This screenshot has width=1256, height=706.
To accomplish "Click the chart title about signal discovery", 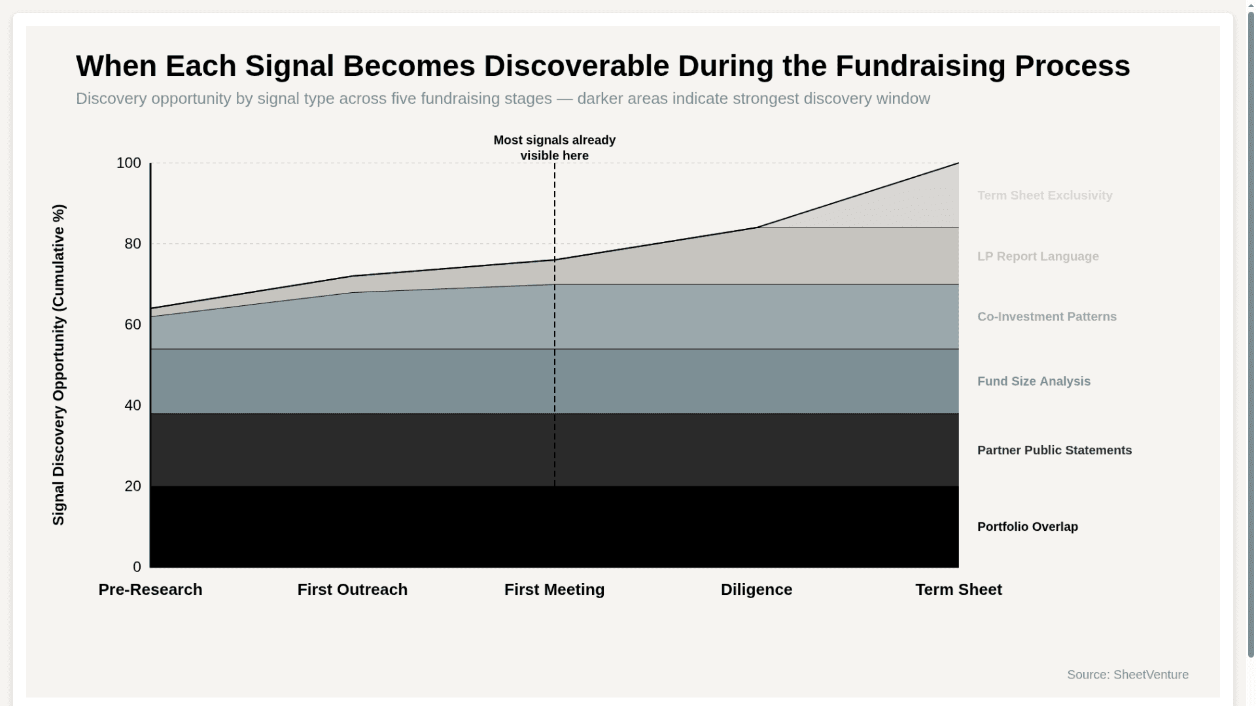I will tap(602, 66).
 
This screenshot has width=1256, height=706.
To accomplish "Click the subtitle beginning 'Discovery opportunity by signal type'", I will tap(502, 99).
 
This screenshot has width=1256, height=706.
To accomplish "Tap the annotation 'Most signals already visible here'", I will tap(554, 148).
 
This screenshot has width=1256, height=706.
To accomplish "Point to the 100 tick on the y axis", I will tap(128, 163).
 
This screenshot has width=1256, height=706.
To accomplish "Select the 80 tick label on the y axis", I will tap(132, 244).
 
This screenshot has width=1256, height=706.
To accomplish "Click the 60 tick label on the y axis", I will tap(132, 325).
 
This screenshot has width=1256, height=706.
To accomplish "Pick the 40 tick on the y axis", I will tap(132, 405).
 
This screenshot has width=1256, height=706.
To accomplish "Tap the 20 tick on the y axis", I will tap(132, 486).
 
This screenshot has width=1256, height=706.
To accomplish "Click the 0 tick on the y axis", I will tap(137, 567).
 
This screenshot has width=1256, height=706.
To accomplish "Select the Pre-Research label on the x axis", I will tap(150, 590).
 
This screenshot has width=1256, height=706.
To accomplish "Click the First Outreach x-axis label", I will tap(352, 590).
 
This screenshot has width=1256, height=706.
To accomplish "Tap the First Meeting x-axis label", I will tap(554, 590).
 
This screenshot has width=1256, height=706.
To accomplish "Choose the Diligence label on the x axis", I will tap(756, 590).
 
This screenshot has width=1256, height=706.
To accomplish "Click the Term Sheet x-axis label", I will tap(958, 590).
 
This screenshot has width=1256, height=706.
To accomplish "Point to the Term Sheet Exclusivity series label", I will tap(1045, 195).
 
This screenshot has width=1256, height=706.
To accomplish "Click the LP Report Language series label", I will tap(1038, 257).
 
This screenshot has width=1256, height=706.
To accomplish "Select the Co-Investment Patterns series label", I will tap(1047, 317).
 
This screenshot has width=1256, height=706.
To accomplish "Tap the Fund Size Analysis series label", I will tap(1034, 382).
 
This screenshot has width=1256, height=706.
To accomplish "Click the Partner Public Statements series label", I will tap(1054, 450).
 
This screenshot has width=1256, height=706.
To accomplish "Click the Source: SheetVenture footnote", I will tap(1127, 675).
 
